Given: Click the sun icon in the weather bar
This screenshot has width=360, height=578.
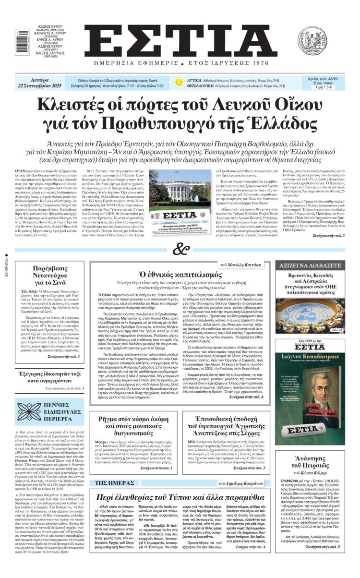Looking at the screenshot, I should (x=179, y=82).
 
